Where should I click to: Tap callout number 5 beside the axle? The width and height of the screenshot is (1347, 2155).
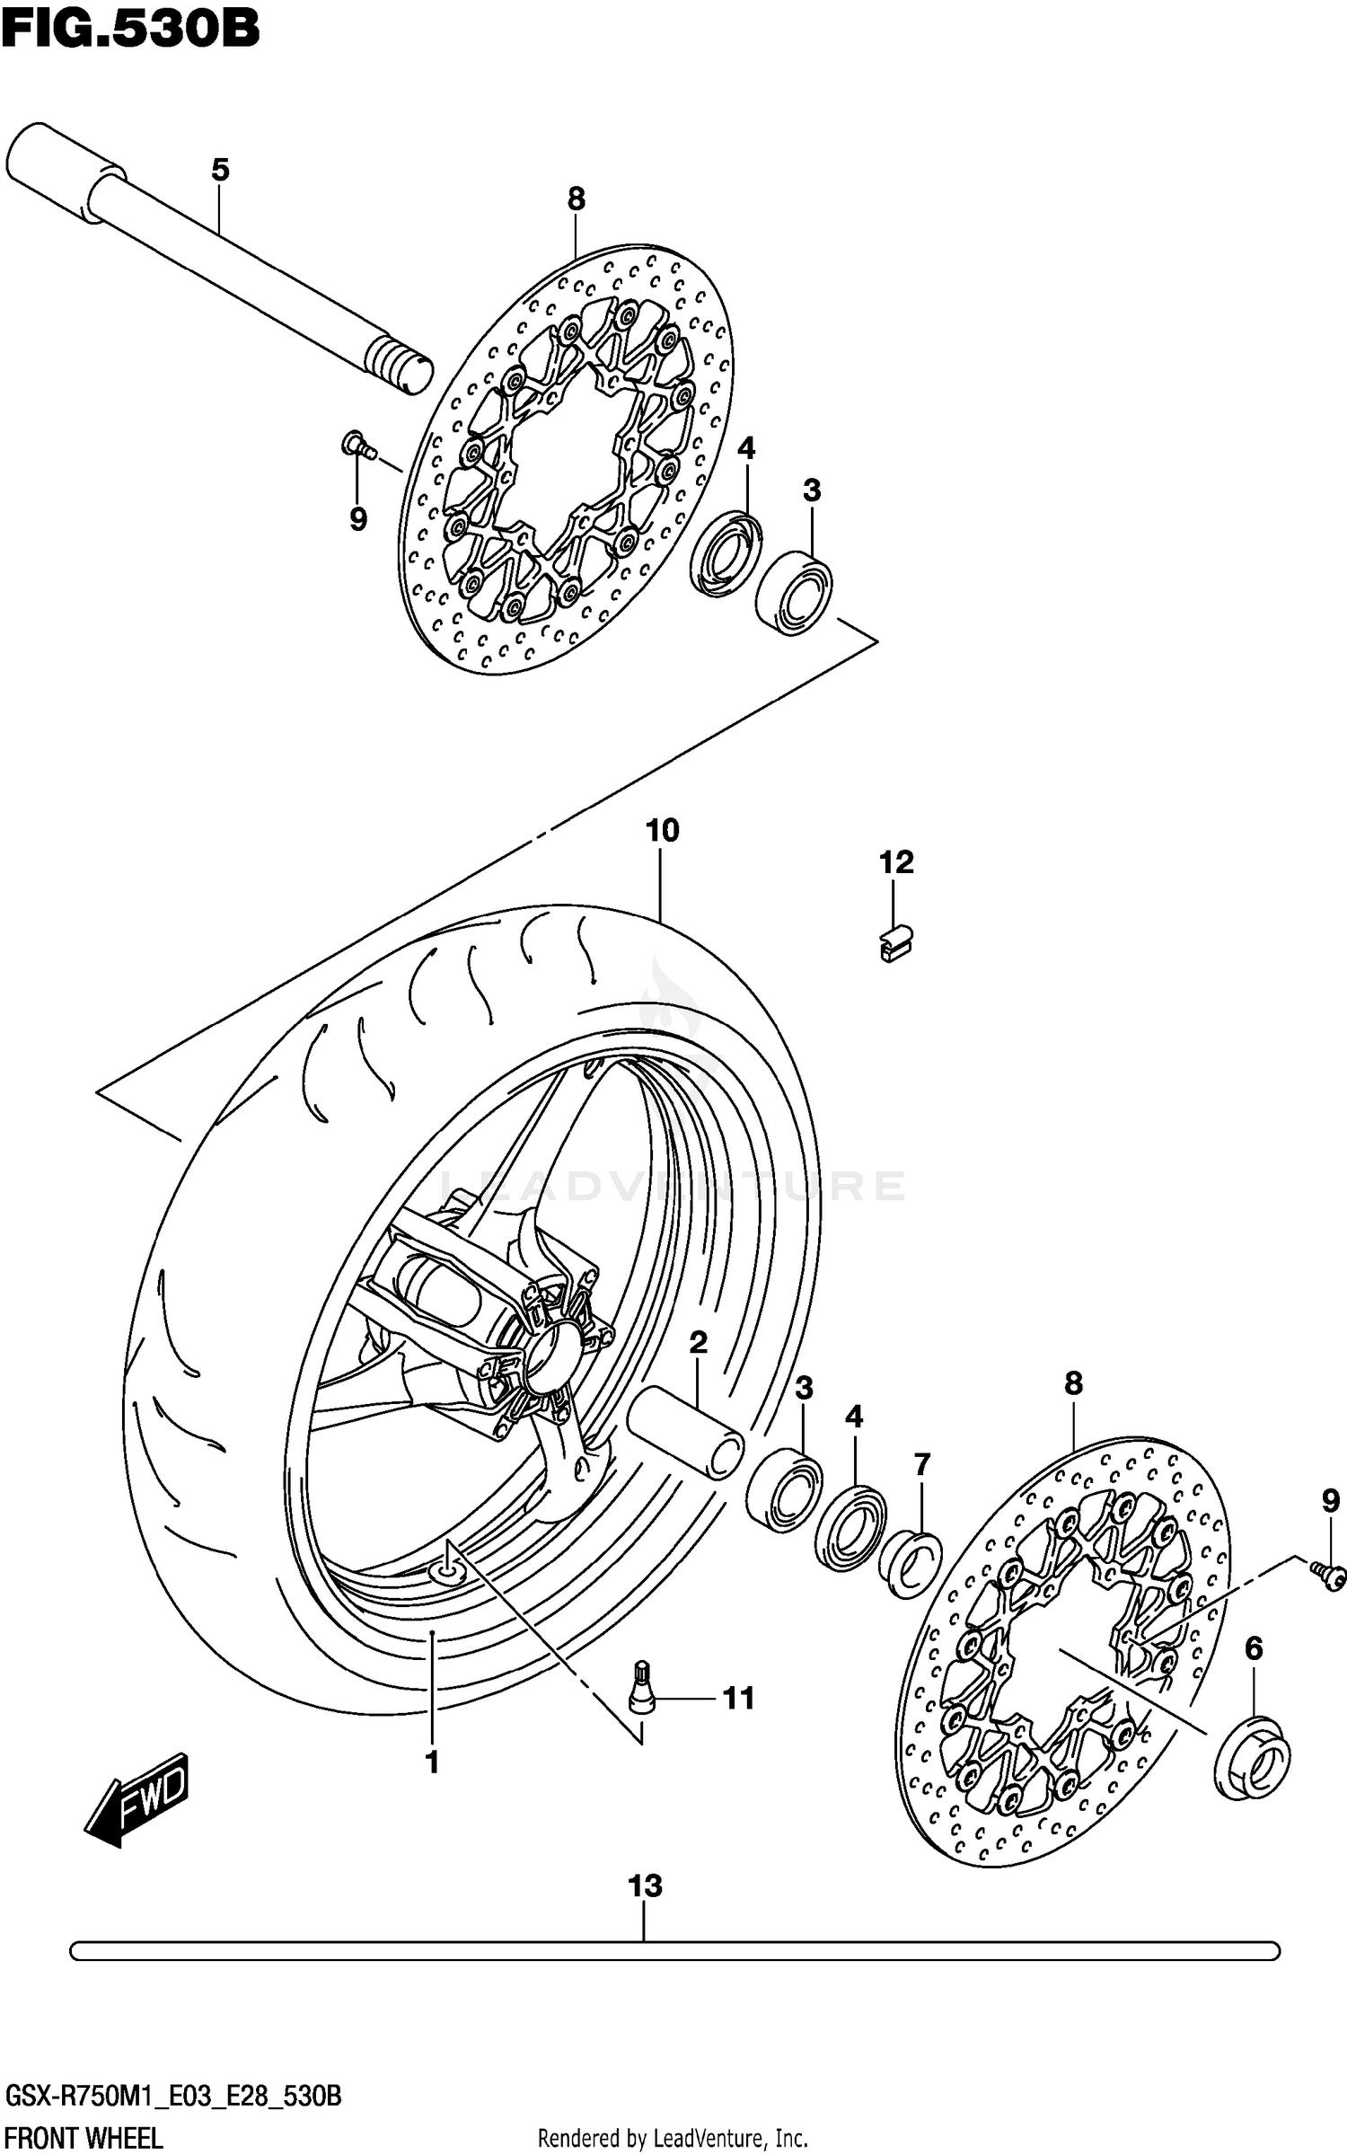220,169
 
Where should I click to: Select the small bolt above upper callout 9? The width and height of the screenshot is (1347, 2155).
357,445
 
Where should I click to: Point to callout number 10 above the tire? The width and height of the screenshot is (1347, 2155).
663,830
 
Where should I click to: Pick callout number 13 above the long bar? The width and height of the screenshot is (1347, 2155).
645,1885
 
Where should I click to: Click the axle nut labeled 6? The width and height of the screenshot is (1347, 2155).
1253,1757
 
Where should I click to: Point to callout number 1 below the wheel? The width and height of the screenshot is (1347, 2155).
432,1762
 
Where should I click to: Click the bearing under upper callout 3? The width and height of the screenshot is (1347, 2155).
794,594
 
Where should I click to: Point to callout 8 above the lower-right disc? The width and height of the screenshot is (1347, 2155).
1073,1383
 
